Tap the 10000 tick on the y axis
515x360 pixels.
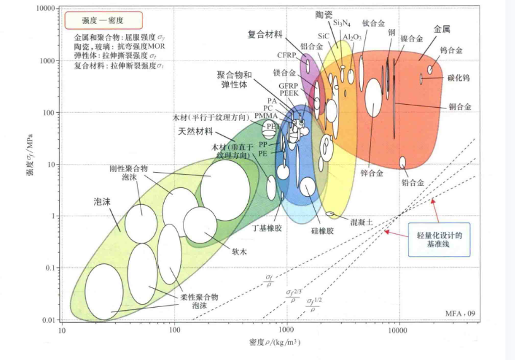pyautogui.click(x=47, y=9)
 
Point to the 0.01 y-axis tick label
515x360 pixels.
pyautogui.click(x=50, y=320)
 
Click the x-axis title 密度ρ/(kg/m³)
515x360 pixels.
pyautogui.click(x=274, y=342)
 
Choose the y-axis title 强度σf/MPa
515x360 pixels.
pyautogui.click(x=30, y=165)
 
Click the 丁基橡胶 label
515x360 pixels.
pyautogui.click(x=267, y=228)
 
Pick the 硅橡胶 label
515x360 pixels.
pyautogui.click(x=322, y=231)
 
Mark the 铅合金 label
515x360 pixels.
pyautogui.click(x=413, y=182)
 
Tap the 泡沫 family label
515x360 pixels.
pyautogui.click(x=103, y=202)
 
